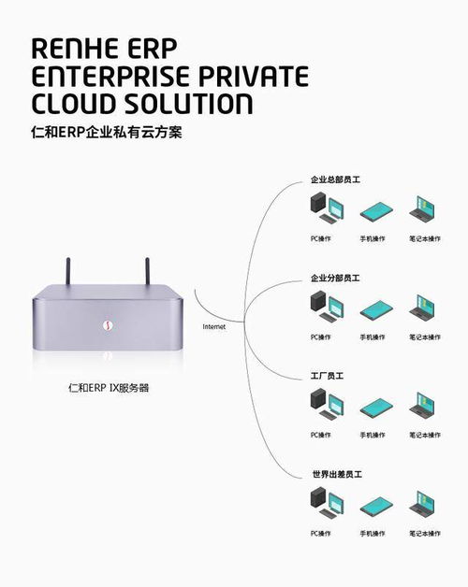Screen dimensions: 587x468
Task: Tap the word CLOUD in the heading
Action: point(77,102)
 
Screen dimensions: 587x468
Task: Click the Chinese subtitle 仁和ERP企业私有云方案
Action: point(106,132)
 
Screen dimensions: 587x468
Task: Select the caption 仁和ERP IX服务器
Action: point(109,386)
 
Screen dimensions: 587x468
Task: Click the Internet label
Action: point(215,326)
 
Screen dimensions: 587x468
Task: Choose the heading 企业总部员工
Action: point(335,179)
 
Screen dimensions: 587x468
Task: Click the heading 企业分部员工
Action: point(335,278)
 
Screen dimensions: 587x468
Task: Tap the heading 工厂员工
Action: point(328,375)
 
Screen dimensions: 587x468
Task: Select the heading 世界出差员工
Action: point(335,474)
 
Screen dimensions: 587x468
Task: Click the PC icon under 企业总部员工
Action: point(320,208)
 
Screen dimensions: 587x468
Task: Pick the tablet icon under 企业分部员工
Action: point(373,308)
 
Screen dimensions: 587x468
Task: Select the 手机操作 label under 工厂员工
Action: point(373,435)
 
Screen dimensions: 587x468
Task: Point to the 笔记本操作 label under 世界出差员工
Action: point(424,533)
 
